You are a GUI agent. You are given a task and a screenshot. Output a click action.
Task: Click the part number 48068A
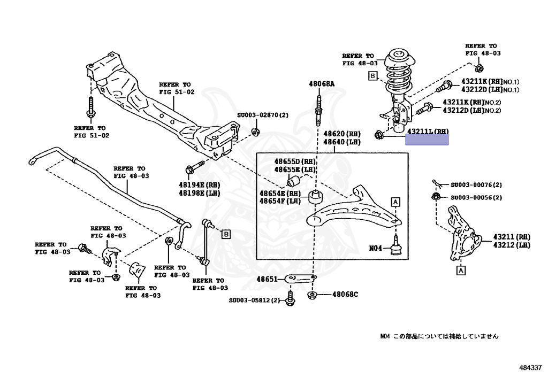pyautogui.click(x=321, y=84)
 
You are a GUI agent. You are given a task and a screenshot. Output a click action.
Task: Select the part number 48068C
pyautogui.click(x=345, y=294)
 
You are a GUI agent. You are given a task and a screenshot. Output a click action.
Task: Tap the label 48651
pyautogui.click(x=267, y=279)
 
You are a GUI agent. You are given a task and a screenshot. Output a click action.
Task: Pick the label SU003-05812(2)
pyautogui.click(x=254, y=300)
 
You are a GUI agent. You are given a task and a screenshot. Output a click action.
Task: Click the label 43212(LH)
pyautogui.click(x=512, y=245)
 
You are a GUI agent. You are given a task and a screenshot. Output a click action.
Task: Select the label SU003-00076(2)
pyautogui.click(x=476, y=185)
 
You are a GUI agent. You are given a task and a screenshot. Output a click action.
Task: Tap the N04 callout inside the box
pyautogui.click(x=376, y=248)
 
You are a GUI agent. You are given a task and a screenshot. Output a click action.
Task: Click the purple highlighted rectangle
pyautogui.click(x=427, y=140)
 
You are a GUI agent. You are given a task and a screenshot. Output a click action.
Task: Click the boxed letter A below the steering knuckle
pyautogui.click(x=460, y=271)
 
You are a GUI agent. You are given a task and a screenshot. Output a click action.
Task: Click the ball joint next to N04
pyautogui.click(x=396, y=246)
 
